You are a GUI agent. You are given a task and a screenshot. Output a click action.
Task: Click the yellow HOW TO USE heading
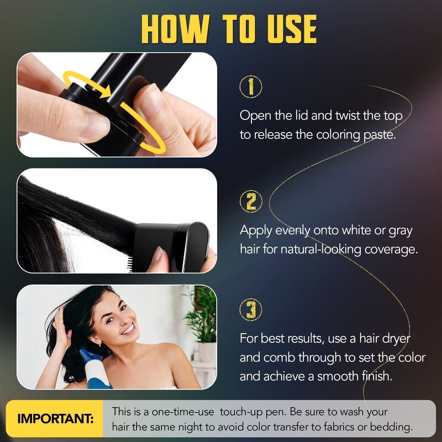229,28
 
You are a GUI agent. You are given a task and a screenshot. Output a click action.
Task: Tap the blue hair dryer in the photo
94,367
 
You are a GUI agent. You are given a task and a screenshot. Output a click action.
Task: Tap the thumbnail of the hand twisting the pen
117,105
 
